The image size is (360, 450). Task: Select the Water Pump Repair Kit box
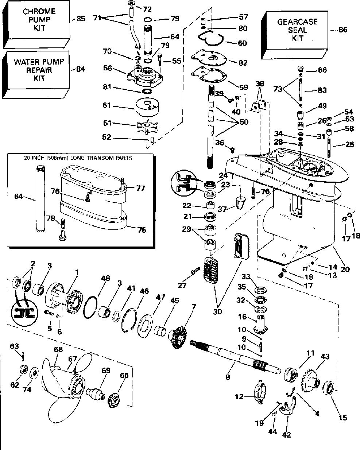pos(39,70)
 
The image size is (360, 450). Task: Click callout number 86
pos(343,30)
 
